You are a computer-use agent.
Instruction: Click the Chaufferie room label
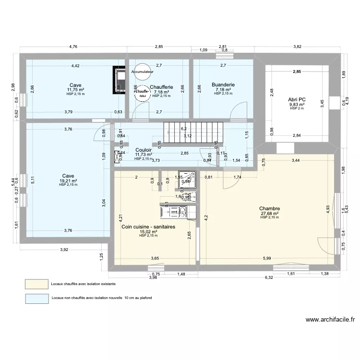(x=161, y=87)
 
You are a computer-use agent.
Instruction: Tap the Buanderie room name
(x=223, y=85)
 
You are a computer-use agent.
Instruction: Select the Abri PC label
(x=298, y=100)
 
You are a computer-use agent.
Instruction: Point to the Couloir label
(x=144, y=150)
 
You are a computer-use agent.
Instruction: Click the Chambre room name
(x=270, y=208)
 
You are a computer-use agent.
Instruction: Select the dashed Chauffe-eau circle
(x=142, y=93)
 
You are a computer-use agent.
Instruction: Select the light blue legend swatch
(x=37, y=299)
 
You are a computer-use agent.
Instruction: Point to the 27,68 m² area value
(x=270, y=214)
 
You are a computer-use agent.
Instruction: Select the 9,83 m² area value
(x=297, y=105)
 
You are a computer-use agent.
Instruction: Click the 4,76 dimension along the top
(x=73, y=47)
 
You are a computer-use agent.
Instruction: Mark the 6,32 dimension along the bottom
(x=269, y=277)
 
